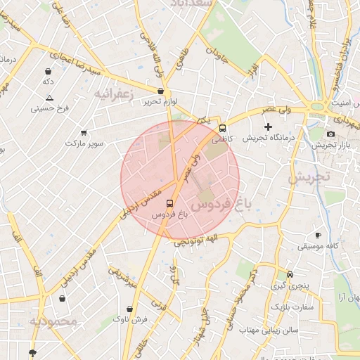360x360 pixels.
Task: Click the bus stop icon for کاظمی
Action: pyautogui.click(x=223, y=128)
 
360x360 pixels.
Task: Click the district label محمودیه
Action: pyautogui.click(x=53, y=321)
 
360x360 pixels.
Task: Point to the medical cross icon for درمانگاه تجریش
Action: pyautogui.click(x=268, y=127)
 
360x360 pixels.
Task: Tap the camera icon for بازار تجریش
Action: pyautogui.click(x=330, y=134)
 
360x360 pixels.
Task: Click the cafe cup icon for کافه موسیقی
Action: pyautogui.click(x=318, y=236)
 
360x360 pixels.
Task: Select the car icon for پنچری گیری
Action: pyautogui.click(x=290, y=275)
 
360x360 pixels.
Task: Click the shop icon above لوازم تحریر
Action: pyautogui.click(x=160, y=91)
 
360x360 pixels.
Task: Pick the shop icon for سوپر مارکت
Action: pyautogui.click(x=84, y=132)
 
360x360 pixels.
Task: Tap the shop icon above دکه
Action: pyautogui.click(x=48, y=71)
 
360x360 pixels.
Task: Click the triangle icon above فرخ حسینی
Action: pyautogui.click(x=49, y=98)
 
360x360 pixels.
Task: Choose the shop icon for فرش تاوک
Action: pyautogui.click(x=129, y=309)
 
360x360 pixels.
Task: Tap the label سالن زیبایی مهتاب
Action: pyautogui.click(x=269, y=329)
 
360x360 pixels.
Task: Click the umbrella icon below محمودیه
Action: pyautogui.click(x=32, y=352)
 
